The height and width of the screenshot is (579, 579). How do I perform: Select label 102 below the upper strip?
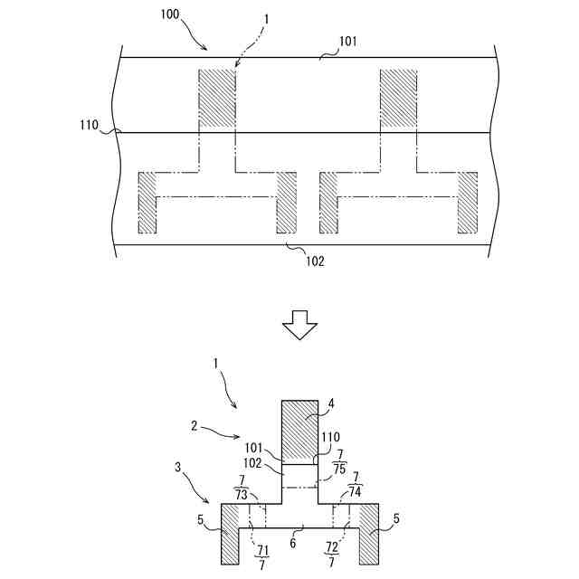[x=314, y=261]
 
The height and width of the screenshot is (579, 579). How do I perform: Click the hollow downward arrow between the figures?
[x=300, y=324]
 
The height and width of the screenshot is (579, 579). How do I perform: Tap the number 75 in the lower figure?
[x=339, y=469]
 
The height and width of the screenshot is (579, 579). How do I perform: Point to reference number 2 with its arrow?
[x=194, y=424]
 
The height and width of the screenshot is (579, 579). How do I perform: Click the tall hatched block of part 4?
[x=299, y=432]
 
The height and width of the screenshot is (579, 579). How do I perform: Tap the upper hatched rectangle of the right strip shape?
[x=398, y=96]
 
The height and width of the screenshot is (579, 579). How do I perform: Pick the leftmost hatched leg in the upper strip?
[x=147, y=202]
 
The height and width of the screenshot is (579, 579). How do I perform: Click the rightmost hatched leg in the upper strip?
[x=468, y=202]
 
